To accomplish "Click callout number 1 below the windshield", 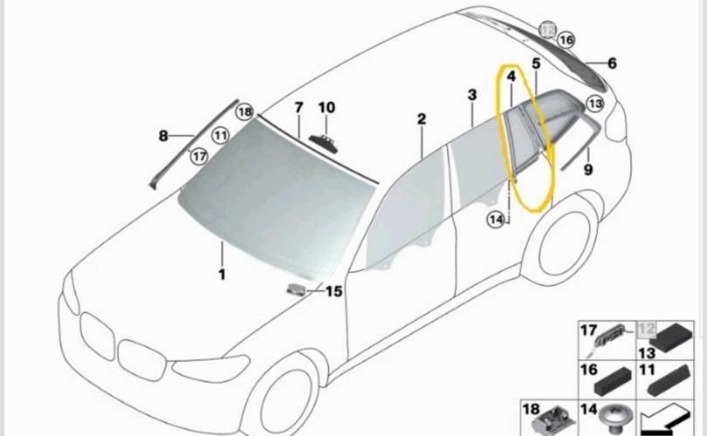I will tap(222, 275).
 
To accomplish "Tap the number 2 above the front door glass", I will tap(421, 119).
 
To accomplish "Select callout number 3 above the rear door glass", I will tap(471, 94).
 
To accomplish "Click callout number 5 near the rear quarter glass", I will tap(536, 64).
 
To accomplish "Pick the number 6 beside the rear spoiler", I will tap(612, 63).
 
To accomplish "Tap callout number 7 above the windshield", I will tap(299, 107).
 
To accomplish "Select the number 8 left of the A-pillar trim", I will tap(163, 135).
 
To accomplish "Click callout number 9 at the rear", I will tap(587, 170).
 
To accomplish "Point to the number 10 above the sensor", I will tap(326, 107).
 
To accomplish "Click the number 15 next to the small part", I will tap(334, 291).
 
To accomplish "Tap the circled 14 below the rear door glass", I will tap(497, 220).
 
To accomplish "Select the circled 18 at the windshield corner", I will tap(244, 112).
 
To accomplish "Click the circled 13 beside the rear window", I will tap(594, 104).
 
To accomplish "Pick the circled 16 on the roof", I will tap(566, 40).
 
